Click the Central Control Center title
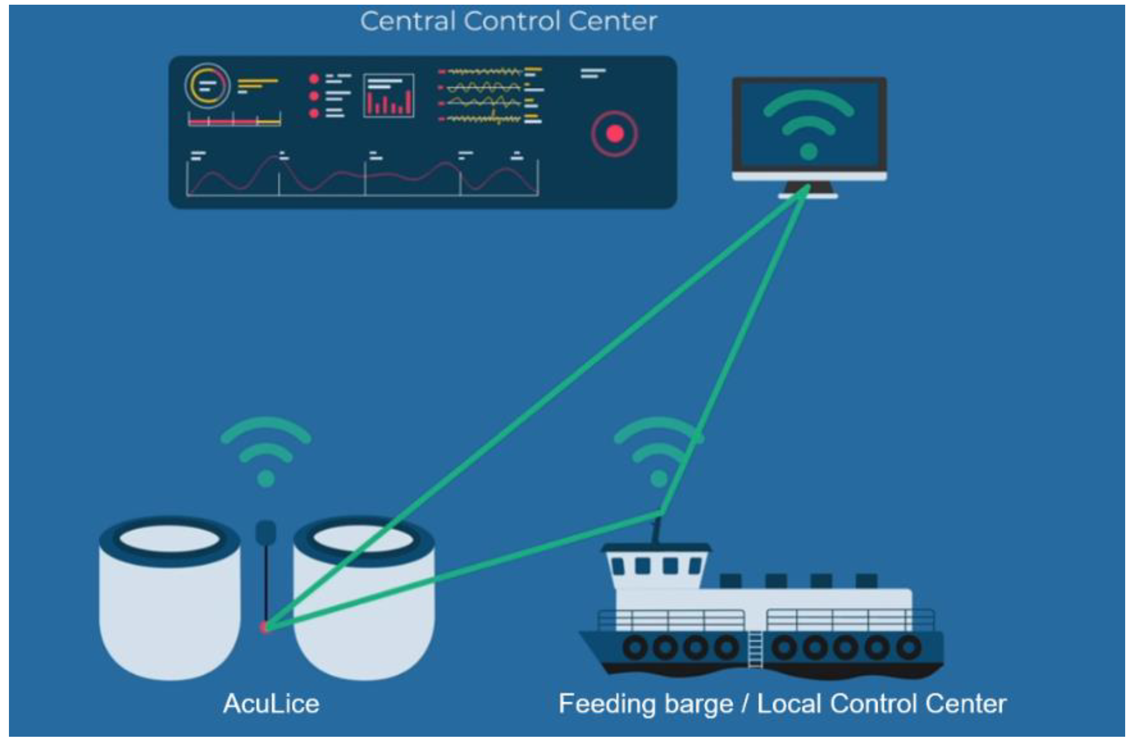[509, 22]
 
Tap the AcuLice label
[271, 704]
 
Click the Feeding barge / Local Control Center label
[783, 704]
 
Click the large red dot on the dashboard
[615, 134]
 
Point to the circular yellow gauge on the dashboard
[207, 86]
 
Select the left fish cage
[170, 597]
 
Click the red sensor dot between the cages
[264, 627]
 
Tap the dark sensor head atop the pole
[266, 531]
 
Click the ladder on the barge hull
[755, 650]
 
